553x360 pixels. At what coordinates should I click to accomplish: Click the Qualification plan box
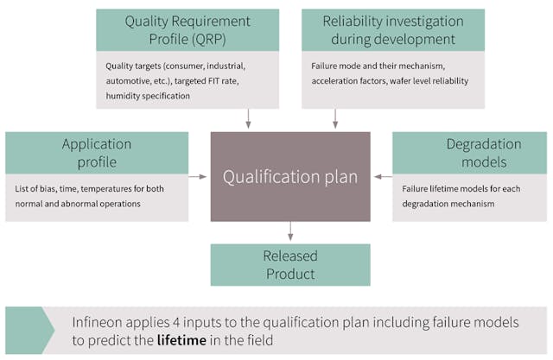(289, 176)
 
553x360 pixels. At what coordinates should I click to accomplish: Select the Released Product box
(289, 264)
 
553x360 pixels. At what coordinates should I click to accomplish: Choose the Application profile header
(97, 153)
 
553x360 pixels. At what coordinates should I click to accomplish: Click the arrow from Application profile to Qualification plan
(199, 176)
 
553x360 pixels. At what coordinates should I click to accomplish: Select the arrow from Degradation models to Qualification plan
(382, 176)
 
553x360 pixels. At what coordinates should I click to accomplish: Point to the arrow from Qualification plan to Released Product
(290, 231)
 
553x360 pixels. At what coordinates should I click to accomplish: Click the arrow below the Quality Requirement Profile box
(249, 118)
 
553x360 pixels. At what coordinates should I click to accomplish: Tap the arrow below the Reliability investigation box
(335, 118)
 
